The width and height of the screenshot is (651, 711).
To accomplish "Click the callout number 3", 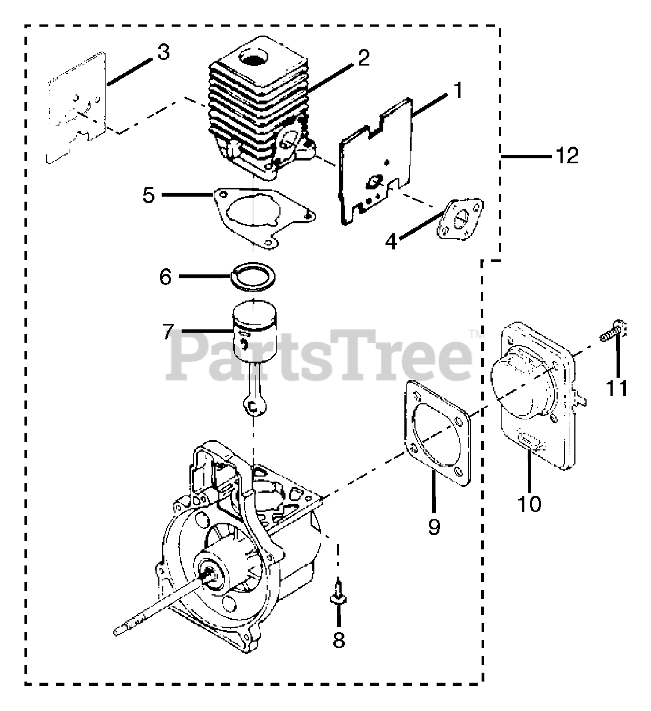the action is click(x=163, y=53).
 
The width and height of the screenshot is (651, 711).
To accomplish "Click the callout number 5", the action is click(x=148, y=196).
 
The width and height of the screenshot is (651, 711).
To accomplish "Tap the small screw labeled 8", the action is click(x=337, y=597).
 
